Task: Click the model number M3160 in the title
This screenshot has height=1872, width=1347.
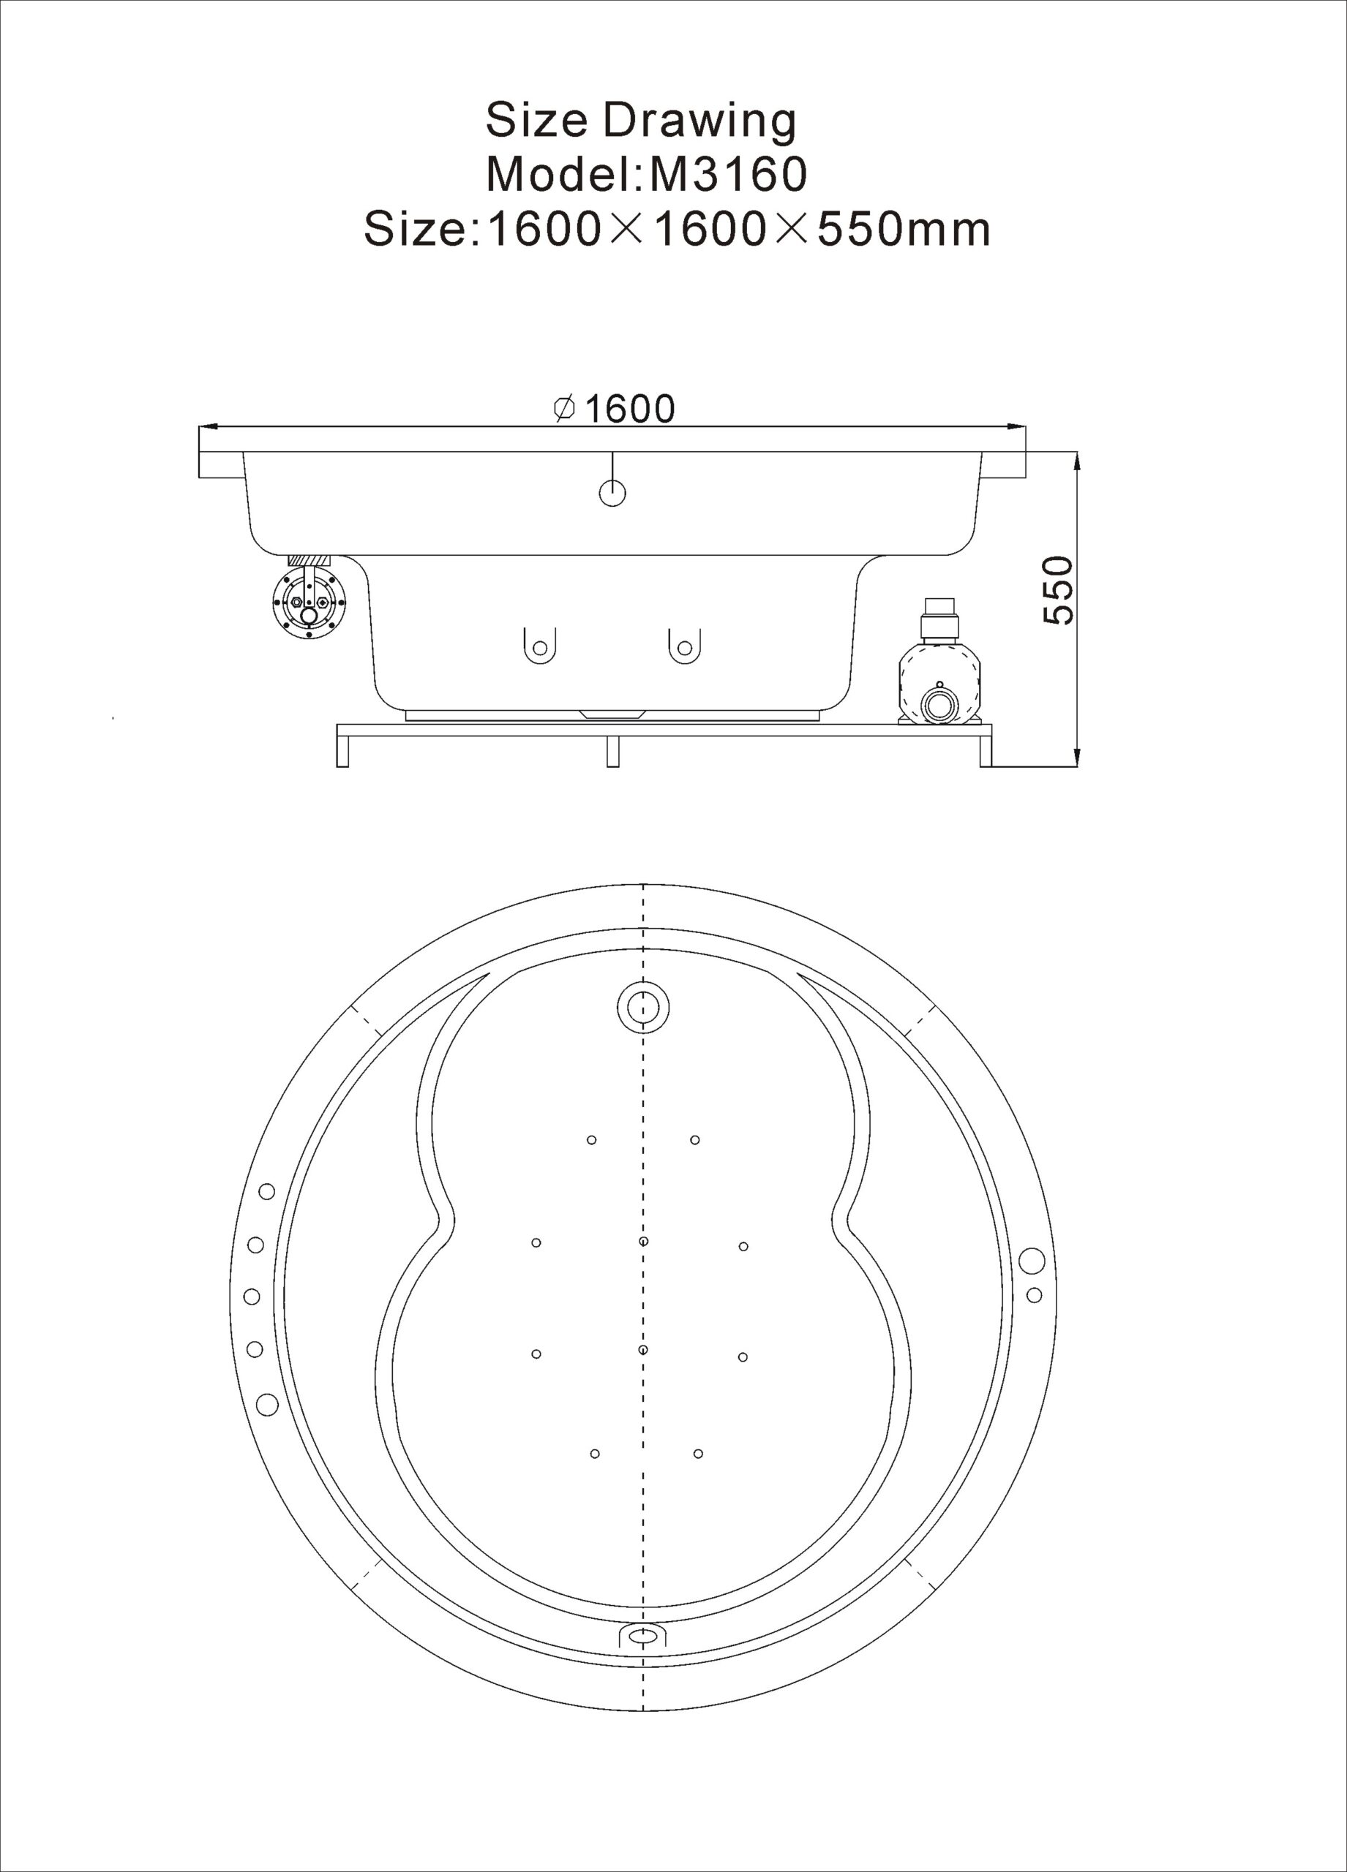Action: [727, 175]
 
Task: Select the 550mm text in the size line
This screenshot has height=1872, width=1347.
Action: [904, 229]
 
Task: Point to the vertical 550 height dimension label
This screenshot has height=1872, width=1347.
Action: [1059, 590]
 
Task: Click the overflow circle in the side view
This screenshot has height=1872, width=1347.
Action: [612, 493]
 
